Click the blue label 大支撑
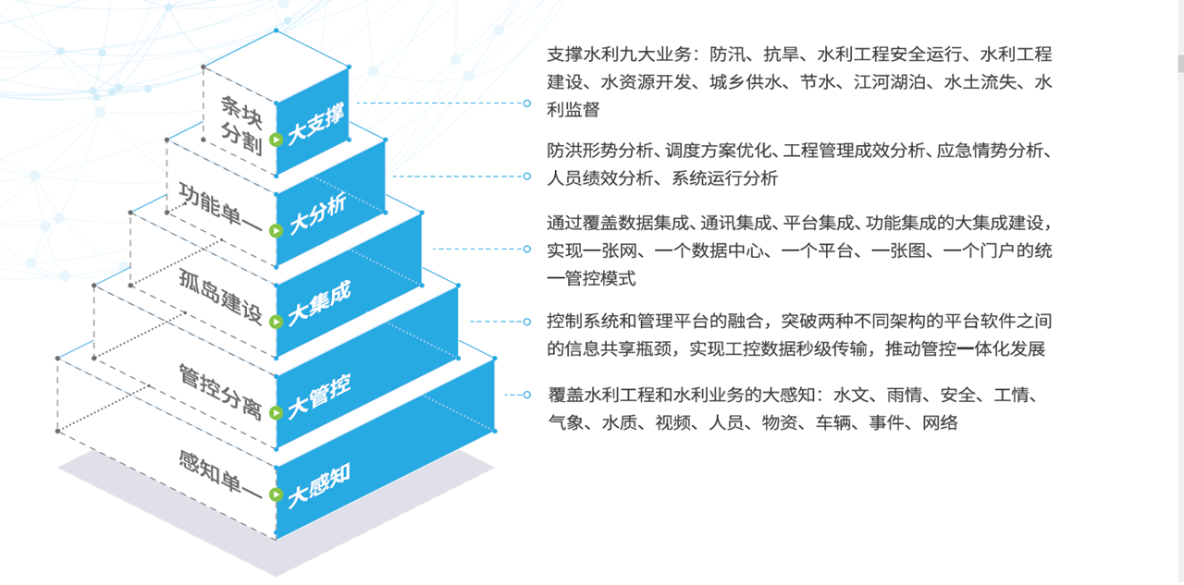(x=316, y=124)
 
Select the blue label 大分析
(x=317, y=213)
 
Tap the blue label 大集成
(x=319, y=304)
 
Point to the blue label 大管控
(x=319, y=396)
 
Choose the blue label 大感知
(x=319, y=486)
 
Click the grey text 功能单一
(x=220, y=208)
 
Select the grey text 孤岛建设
(x=220, y=296)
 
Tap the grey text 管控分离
(x=220, y=392)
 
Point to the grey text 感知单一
(x=220, y=475)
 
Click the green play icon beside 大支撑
(x=276, y=140)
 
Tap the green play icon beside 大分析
(x=276, y=230)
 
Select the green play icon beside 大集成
(x=276, y=322)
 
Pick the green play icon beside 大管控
(x=276, y=412)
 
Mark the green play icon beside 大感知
(x=276, y=494)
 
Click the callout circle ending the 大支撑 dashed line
(x=527, y=104)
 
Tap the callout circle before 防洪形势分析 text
(x=527, y=177)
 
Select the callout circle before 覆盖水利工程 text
(x=527, y=395)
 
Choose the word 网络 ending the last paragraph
(x=941, y=423)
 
